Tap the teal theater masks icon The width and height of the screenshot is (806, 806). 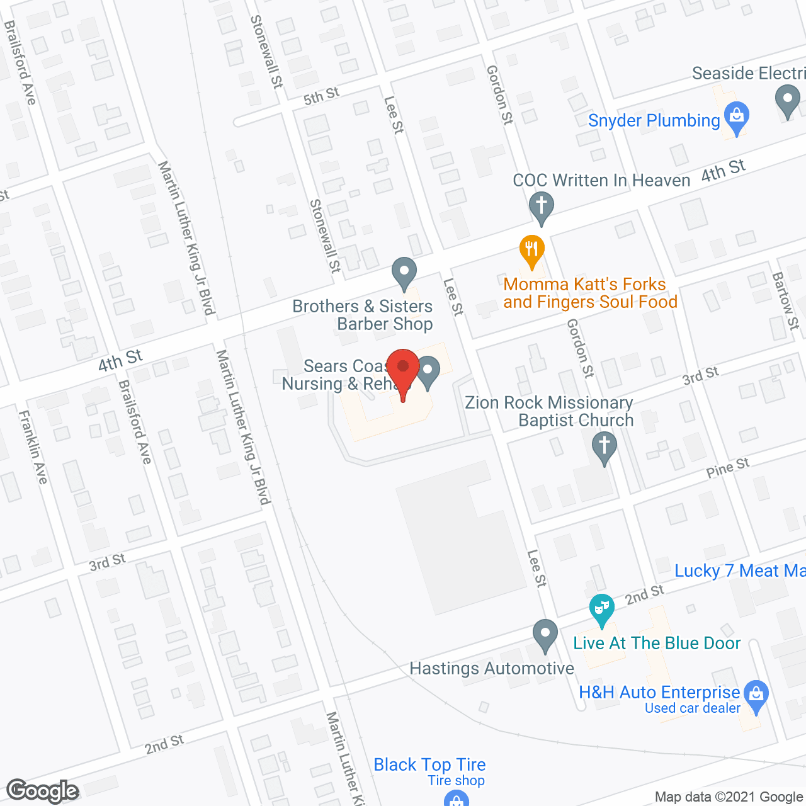click(x=602, y=609)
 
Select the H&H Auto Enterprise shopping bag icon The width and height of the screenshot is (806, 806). click(x=756, y=695)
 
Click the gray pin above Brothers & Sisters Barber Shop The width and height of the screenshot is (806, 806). click(x=404, y=273)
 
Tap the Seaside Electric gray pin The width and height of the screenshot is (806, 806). click(x=787, y=100)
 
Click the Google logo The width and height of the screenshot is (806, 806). click(x=43, y=791)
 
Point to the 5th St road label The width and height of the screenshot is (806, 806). click(x=321, y=96)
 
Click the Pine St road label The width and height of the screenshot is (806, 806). click(x=727, y=468)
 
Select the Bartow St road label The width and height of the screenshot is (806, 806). click(x=785, y=300)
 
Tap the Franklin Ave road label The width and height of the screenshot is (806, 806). click(x=33, y=447)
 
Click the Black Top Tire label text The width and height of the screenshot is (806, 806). click(x=429, y=764)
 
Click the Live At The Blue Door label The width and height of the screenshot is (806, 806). click(x=657, y=643)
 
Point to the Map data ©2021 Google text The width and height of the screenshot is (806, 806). click(x=729, y=797)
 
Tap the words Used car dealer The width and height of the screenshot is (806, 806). click(x=693, y=708)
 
